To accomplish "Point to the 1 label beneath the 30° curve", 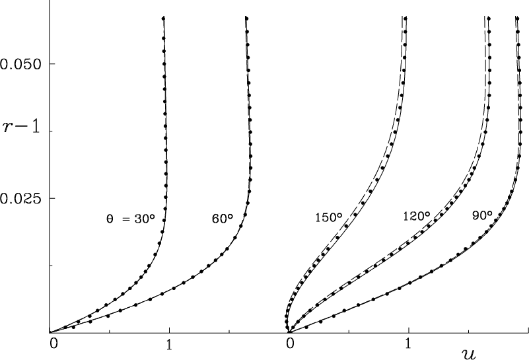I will [x=170, y=343].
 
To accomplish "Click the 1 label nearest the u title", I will [x=409, y=343].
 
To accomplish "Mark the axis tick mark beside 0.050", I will [x=51, y=64].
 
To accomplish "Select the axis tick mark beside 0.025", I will [x=51, y=198].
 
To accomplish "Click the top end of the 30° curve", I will [x=163, y=18].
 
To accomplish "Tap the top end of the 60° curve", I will [x=246, y=18].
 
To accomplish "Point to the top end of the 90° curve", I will [x=516, y=18].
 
